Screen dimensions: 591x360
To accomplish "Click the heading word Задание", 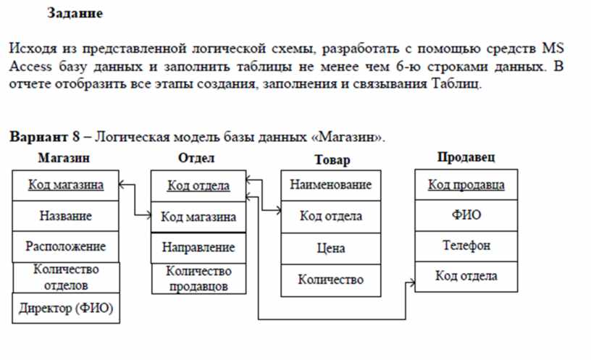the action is tap(75, 14).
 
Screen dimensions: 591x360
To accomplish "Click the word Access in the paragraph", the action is tap(30, 67).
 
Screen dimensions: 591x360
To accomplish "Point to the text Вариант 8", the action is tap(44, 136).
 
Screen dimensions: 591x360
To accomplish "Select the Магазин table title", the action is tap(64, 158).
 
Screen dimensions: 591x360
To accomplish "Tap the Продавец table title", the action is tap(466, 156).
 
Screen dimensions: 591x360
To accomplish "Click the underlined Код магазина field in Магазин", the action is tap(66, 185).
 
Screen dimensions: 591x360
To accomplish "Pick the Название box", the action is tap(66, 216).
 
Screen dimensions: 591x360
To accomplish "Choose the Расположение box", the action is tap(66, 246).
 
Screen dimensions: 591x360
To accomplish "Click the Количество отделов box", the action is tap(67, 277).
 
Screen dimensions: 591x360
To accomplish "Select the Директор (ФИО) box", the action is tap(66, 309).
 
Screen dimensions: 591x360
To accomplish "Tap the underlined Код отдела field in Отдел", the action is tap(198, 186).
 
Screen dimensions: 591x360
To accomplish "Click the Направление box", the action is tap(198, 248).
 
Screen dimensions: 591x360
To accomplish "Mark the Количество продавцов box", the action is tap(198, 279).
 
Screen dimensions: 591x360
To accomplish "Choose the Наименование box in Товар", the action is tap(331, 185).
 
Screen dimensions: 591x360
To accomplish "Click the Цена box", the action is tap(331, 248).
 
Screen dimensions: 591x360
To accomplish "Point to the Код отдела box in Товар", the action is tap(331, 217).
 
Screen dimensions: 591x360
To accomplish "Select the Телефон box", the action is tap(466, 246).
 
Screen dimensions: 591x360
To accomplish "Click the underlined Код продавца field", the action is tap(466, 185).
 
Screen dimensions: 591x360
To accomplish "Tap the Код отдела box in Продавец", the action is tap(466, 276).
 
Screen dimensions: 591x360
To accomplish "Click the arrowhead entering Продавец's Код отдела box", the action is tap(413, 282).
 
